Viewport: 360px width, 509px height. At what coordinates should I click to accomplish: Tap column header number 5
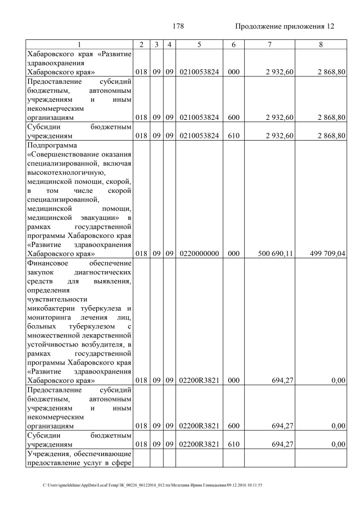coord(199,44)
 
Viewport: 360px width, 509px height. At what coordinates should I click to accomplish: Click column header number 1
coord(79,44)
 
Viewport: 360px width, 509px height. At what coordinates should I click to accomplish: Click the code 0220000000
coord(199,254)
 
